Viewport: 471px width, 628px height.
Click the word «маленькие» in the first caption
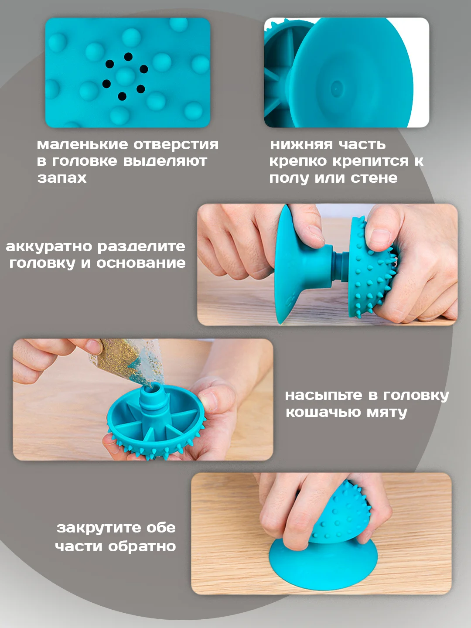tap(83, 144)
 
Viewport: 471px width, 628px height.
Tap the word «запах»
tap(62, 178)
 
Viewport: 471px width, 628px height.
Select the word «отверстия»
tap(176, 144)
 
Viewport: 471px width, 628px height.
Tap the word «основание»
tap(141, 263)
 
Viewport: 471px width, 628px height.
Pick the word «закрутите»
tap(99, 528)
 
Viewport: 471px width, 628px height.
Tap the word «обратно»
tap(142, 546)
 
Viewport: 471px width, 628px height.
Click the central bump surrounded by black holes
tap(125, 76)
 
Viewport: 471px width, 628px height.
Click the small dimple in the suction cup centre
tap(336, 88)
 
